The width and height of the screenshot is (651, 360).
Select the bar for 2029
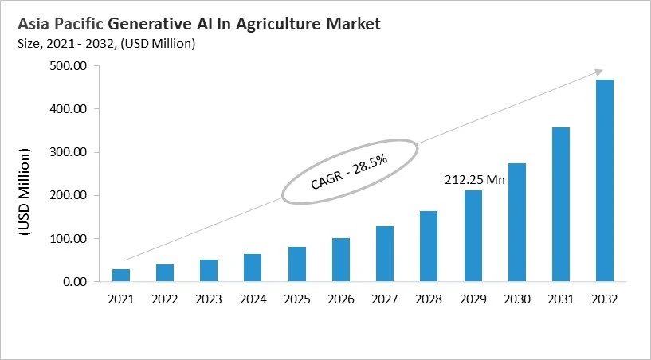click(x=473, y=236)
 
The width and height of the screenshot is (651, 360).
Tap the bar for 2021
click(x=121, y=276)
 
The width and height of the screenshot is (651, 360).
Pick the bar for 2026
click(x=340, y=260)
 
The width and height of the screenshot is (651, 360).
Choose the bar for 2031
click(x=560, y=205)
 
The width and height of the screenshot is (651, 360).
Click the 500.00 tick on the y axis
click(x=69, y=65)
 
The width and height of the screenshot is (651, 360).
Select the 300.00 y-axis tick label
click(x=69, y=152)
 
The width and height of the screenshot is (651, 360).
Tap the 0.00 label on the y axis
click(x=76, y=282)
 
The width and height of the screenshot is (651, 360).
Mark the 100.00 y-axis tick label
click(x=69, y=239)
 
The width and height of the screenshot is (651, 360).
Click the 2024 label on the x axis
click(x=253, y=300)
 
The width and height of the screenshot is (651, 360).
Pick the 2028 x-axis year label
click(x=428, y=300)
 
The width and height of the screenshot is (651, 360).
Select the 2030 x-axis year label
click(x=516, y=300)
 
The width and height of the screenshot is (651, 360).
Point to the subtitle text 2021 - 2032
click(x=76, y=44)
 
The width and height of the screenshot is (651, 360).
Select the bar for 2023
click(x=209, y=271)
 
